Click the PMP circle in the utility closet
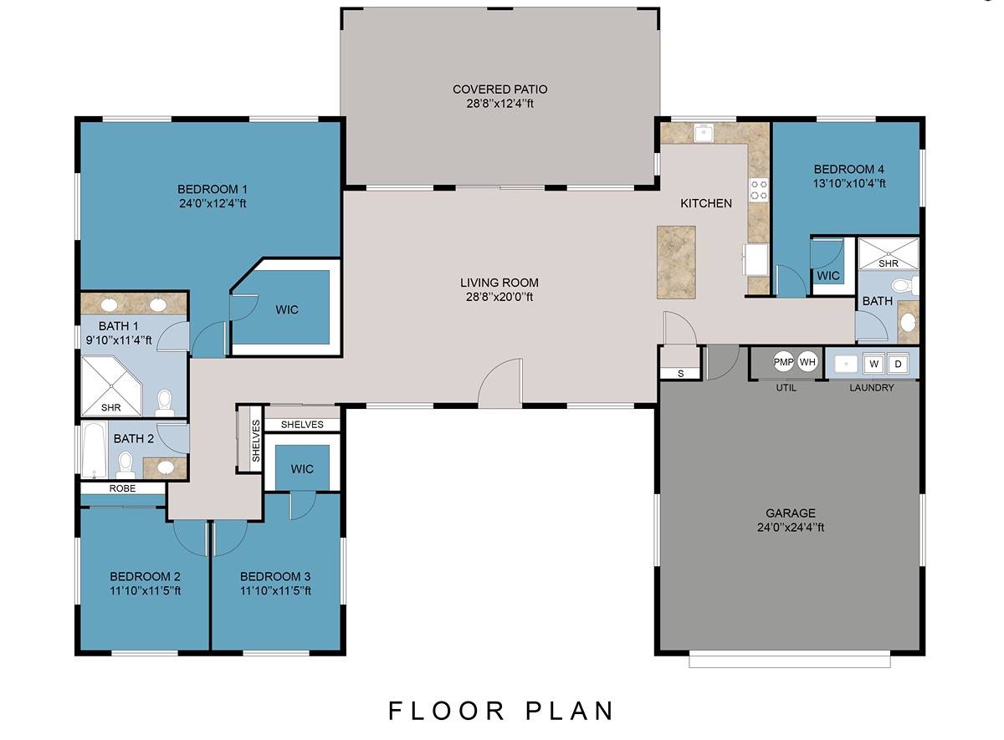pos(783,361)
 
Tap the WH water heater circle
pos(807,361)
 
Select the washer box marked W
pos(873,364)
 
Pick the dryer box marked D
pos(898,364)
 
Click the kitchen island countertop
pos(676,262)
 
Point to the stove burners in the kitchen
pos(759,190)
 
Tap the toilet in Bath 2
pos(125,466)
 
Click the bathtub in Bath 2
pos(95,450)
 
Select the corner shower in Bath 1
pos(111,385)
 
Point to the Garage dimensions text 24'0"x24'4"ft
pos(791,528)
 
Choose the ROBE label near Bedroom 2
pos(122,488)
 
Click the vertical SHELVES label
pos(256,441)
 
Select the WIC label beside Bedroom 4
pos(828,275)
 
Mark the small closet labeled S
pos(680,374)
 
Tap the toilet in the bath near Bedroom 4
pos(904,286)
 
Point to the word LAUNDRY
pos(872,387)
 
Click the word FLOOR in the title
pos(445,711)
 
